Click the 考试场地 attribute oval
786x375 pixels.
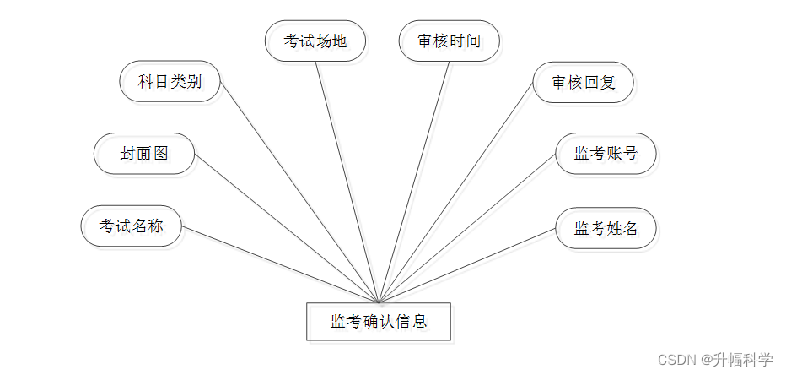tap(315, 41)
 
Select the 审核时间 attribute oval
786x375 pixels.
tap(450, 41)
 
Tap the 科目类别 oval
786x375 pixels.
tap(170, 82)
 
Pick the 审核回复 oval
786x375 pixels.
tap(584, 82)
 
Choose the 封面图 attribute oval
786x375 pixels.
tap(144, 153)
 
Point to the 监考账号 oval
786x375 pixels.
tap(606, 153)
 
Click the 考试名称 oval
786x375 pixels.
tap(131, 226)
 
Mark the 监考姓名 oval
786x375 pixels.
tap(606, 228)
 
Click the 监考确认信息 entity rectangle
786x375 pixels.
tap(379, 322)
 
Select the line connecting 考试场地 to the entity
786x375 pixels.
tap(347, 182)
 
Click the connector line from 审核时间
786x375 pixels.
tap(415, 182)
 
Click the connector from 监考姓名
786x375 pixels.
tap(468, 265)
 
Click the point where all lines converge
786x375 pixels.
tap(379, 302)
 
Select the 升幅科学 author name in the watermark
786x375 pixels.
tap(743, 359)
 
